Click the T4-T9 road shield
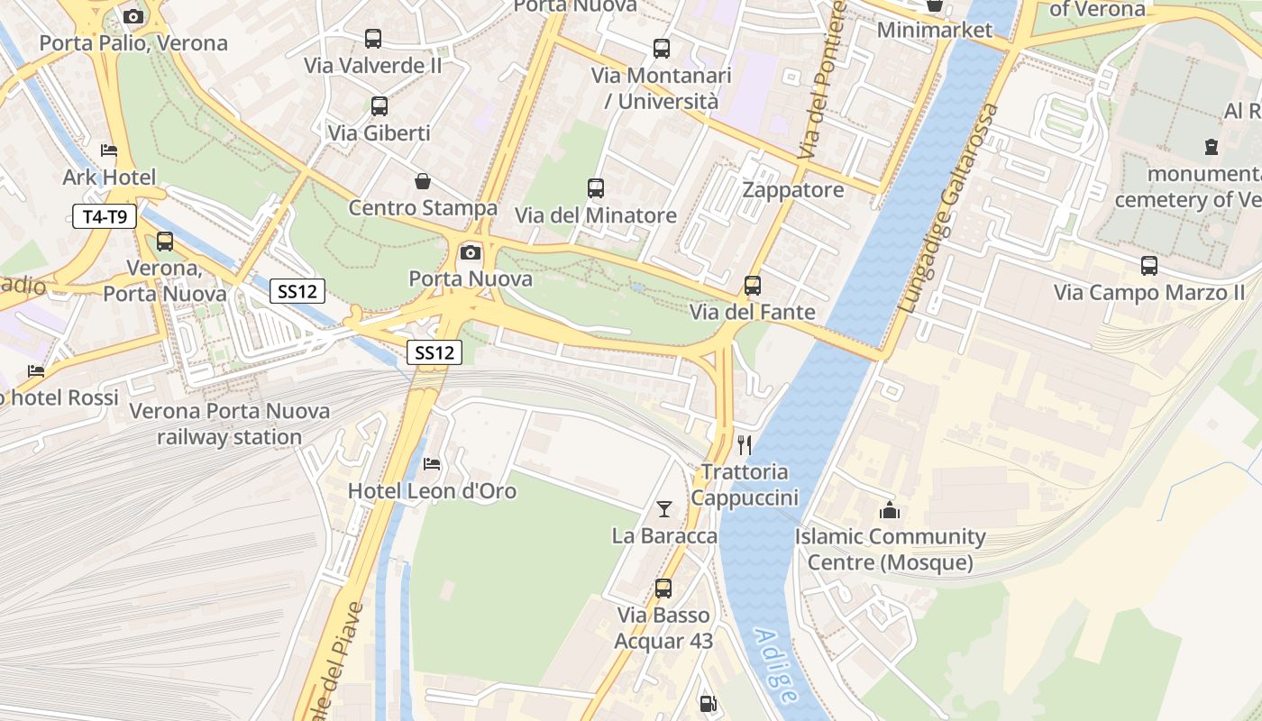coord(105,215)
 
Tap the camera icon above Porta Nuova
coord(470,252)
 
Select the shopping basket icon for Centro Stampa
coord(422,181)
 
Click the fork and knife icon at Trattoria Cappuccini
coord(745,444)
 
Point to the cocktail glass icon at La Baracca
coord(664,509)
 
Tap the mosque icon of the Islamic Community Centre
coord(890,510)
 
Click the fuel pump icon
coord(709,703)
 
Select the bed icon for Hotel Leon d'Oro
coord(432,464)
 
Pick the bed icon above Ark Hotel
coord(109,151)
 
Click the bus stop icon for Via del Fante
coord(753,286)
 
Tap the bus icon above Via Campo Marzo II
coord(1149,266)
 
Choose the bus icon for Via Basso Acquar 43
coord(663,589)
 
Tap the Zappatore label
coord(793,190)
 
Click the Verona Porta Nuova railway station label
coord(229,424)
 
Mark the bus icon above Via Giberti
coord(380,106)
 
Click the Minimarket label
coord(934,30)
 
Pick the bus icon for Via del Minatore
coord(596,188)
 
